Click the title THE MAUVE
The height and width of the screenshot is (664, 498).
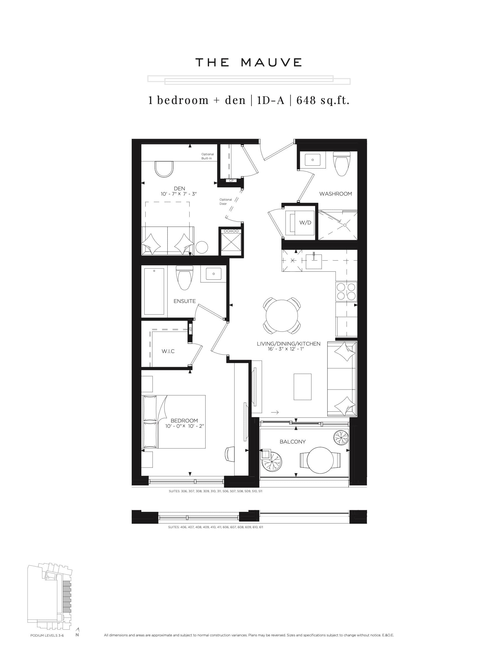coord(248,63)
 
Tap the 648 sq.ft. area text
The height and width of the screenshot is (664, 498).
coord(323,100)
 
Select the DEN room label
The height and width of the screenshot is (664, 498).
coord(179,188)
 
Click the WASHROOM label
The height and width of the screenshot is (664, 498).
coord(335,194)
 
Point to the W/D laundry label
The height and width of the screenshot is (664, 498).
coord(305,222)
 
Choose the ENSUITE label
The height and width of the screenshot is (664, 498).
coord(184,301)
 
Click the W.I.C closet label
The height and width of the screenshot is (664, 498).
coord(168,351)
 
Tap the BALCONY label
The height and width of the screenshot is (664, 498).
coord(292,442)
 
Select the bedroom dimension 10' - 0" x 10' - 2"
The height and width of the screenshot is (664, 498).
coord(184,426)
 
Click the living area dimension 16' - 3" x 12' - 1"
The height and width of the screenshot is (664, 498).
coord(286,349)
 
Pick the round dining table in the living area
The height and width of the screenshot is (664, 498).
coord(282,315)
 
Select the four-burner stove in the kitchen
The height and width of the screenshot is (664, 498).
coord(346,291)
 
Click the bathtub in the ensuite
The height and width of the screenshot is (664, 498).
coord(154,291)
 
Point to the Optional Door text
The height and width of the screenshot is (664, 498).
coord(225,201)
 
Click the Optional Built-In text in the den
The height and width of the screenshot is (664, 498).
coord(207,156)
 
